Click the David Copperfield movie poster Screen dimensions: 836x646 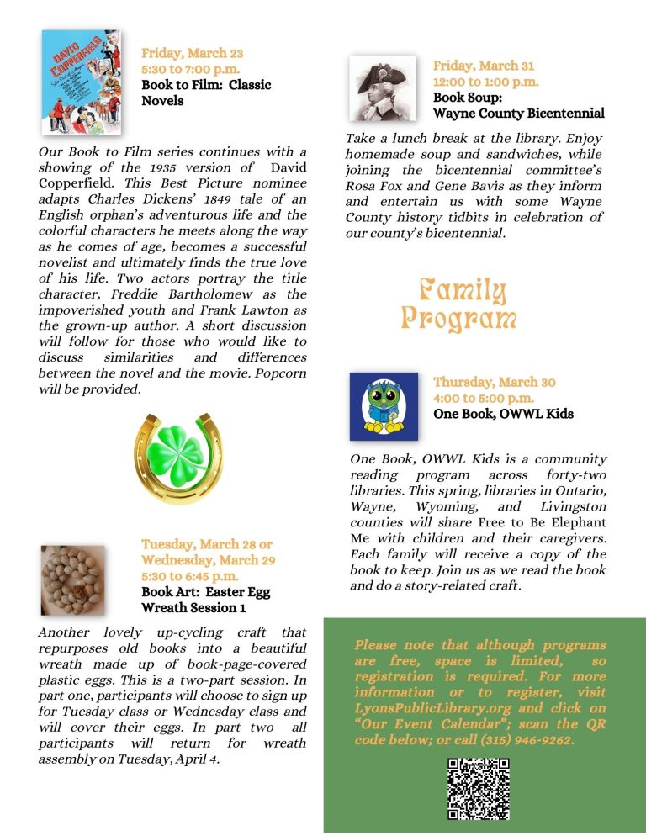point(82,82)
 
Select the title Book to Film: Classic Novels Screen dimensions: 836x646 point(206,93)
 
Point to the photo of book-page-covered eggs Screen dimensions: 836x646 point(73,579)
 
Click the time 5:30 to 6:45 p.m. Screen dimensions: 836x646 point(189,576)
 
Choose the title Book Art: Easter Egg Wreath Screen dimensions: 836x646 point(205,599)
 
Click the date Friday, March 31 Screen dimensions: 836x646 point(483,66)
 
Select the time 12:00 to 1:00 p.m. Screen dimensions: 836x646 point(485,82)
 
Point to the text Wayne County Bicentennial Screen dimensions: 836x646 point(518,113)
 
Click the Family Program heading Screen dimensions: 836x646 point(458,304)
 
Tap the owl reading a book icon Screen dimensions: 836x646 point(384,407)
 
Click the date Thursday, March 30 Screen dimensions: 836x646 point(494,382)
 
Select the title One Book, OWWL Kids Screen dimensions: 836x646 point(503,414)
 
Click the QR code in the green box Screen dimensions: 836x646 point(478,789)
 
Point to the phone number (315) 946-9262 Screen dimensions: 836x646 point(531,739)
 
